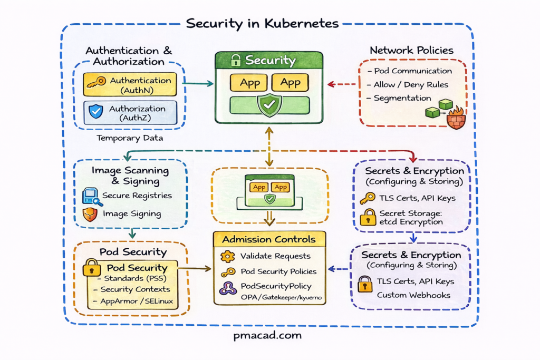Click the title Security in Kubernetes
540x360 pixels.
(x=262, y=24)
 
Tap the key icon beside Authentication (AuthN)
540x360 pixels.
(x=96, y=83)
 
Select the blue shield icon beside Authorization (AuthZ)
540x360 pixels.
(x=95, y=111)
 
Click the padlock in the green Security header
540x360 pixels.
(x=235, y=60)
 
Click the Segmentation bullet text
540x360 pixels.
(x=402, y=98)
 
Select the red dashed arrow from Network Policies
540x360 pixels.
(x=342, y=84)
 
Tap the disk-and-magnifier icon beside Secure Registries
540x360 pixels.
(x=91, y=197)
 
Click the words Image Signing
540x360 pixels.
(x=132, y=214)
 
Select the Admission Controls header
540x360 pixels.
(x=269, y=239)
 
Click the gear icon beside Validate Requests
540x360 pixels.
(x=227, y=256)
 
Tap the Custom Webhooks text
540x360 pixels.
(x=413, y=295)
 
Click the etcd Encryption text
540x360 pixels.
(x=411, y=222)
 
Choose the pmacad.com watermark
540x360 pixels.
(x=268, y=335)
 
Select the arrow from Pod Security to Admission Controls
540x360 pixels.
(x=195, y=268)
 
